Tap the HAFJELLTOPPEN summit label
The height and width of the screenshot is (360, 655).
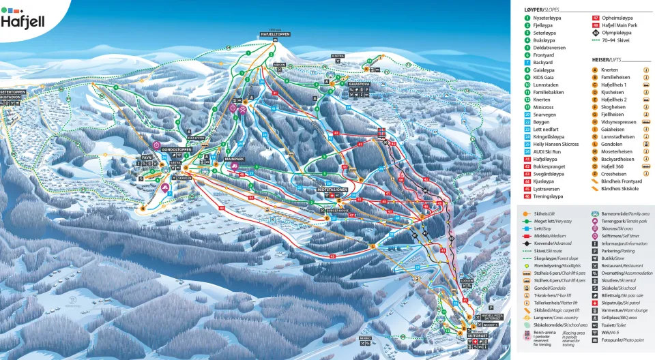(x=275, y=34)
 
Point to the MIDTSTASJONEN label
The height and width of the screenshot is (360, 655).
(x=333, y=190)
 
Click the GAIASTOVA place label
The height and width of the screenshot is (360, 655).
(x=358, y=85)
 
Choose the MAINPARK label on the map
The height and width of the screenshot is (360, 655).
(x=234, y=159)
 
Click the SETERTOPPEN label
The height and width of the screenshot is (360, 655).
(x=12, y=91)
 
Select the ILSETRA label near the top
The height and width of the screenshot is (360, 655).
(x=338, y=56)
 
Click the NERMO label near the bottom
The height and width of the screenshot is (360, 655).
(x=366, y=337)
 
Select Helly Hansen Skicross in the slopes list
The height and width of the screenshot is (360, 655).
(x=555, y=144)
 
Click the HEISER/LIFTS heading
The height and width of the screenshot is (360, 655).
(x=605, y=59)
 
